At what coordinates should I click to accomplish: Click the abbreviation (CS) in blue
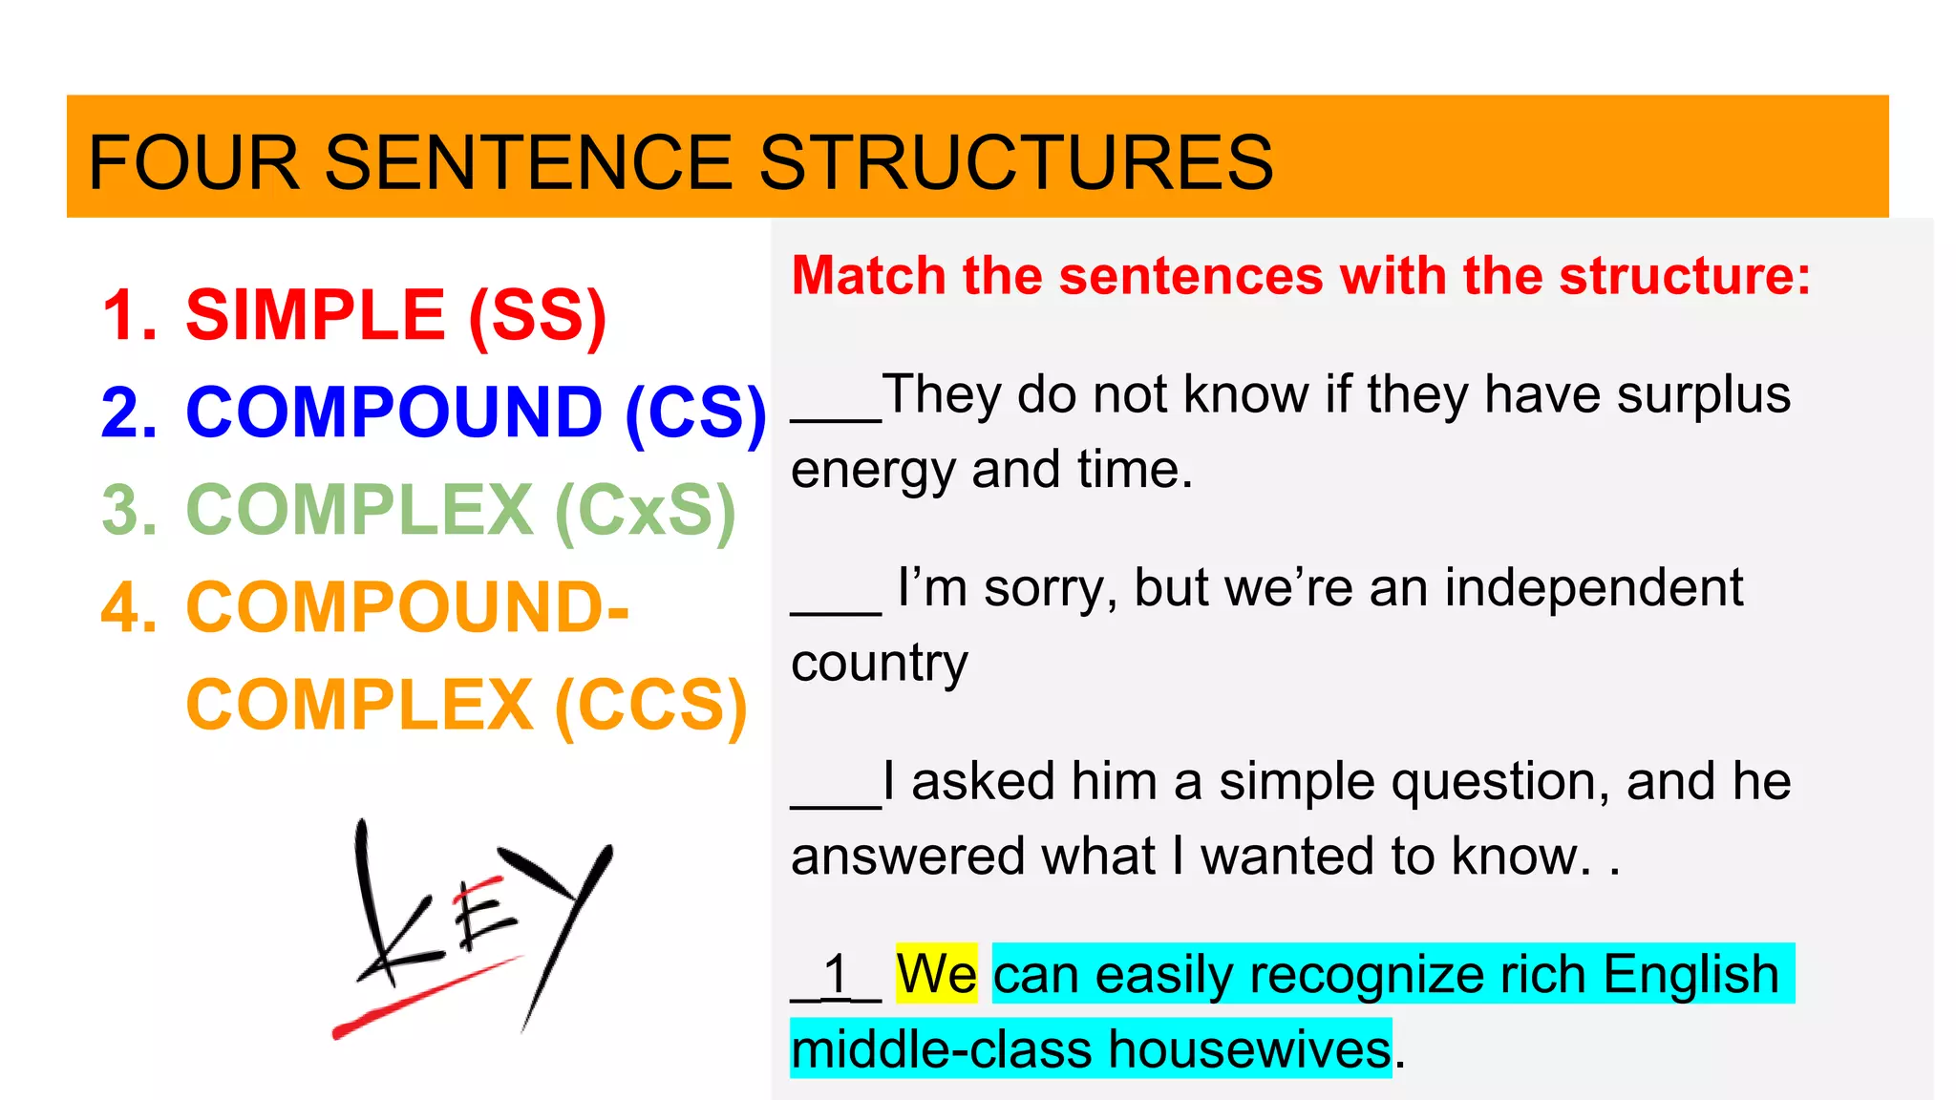point(696,413)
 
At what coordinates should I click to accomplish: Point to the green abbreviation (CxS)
point(646,511)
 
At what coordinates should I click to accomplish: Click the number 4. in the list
point(129,608)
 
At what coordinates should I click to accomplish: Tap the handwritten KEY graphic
point(478,917)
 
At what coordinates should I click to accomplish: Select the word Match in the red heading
point(868,276)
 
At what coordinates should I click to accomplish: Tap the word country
point(879,664)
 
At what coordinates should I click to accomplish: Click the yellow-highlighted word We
point(936,975)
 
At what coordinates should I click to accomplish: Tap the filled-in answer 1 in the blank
point(837,975)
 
